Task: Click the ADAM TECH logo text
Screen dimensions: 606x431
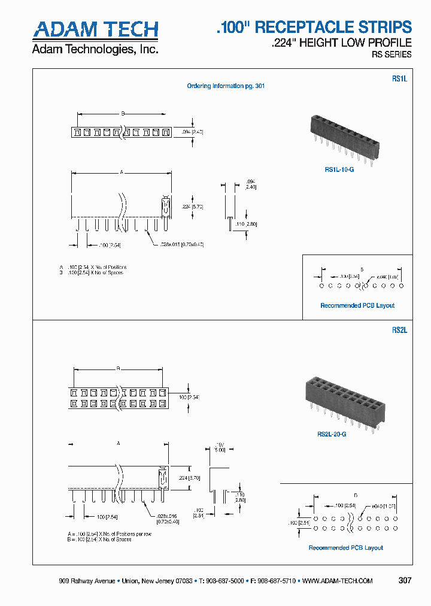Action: click(95, 30)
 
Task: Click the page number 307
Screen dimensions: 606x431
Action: click(405, 580)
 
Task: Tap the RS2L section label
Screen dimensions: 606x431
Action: click(399, 329)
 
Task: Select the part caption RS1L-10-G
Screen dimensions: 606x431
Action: click(339, 170)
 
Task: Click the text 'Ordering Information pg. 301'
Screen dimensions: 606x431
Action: click(226, 86)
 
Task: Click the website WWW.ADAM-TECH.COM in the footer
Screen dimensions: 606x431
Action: click(338, 581)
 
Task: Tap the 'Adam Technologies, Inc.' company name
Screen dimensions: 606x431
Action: click(95, 49)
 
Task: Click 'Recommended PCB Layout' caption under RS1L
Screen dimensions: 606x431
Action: click(357, 305)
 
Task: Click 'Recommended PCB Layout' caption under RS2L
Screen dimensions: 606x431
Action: click(345, 547)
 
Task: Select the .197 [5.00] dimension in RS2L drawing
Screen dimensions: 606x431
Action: click(219, 447)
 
